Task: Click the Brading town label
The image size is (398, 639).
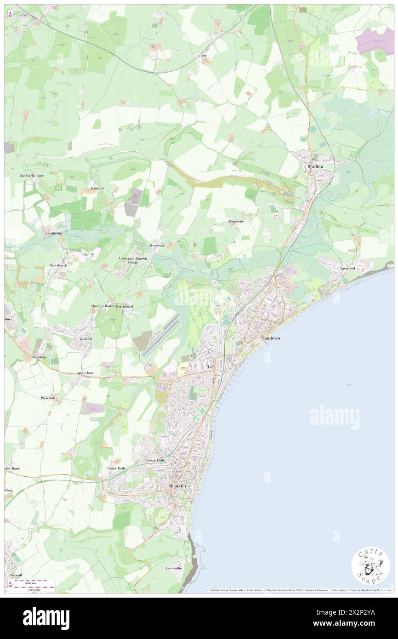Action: pos(315,166)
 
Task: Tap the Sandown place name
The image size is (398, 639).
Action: pos(271,338)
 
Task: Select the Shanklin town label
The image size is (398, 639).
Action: pos(177,486)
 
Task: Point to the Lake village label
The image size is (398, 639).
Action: pos(211,366)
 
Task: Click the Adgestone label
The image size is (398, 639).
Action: pos(236,221)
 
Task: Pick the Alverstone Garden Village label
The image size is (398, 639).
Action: pos(133,260)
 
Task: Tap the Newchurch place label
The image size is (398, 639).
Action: pos(59,265)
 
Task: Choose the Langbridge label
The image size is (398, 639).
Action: pos(54,234)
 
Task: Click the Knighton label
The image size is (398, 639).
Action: pos(98,188)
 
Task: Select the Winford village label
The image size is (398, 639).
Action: pos(85,339)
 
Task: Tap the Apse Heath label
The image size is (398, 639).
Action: pos(85,373)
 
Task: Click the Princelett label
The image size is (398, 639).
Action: pos(48,398)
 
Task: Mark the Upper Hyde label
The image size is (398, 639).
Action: pos(116,468)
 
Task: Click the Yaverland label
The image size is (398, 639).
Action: pos(347,268)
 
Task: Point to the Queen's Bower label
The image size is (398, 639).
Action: pos(102,306)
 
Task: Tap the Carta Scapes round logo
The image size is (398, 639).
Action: pos(370,565)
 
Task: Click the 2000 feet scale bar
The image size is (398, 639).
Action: pos(32,582)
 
